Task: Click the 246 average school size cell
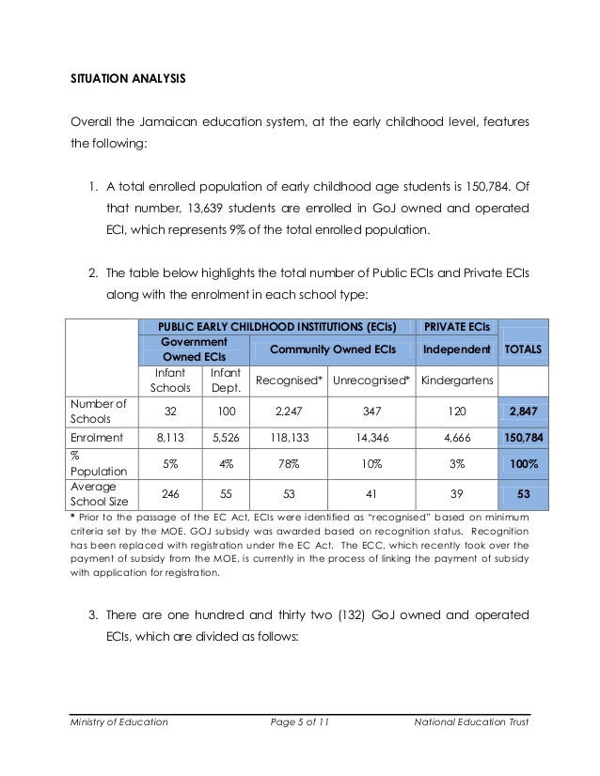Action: [170, 494]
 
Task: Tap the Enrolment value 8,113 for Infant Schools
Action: [170, 438]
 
